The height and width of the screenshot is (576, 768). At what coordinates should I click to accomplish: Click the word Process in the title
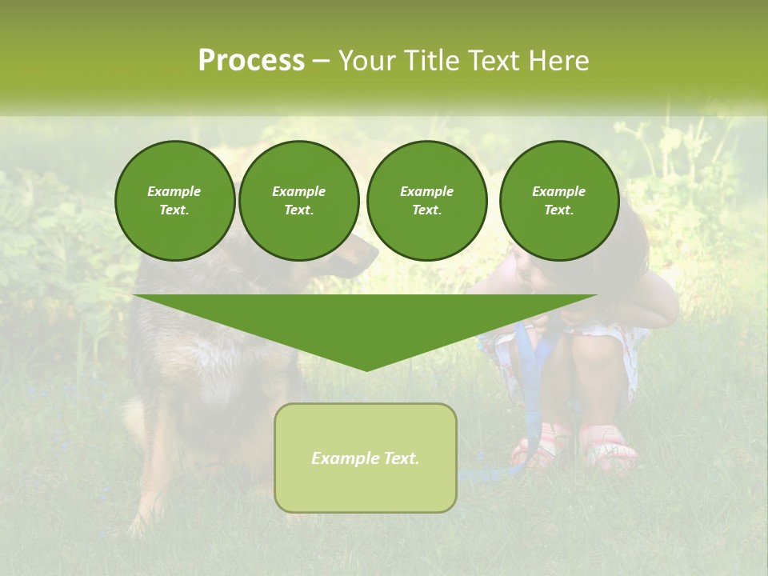[x=251, y=61]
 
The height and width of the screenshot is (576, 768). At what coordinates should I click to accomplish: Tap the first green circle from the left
[x=174, y=201]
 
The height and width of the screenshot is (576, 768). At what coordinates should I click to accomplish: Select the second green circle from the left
[x=298, y=201]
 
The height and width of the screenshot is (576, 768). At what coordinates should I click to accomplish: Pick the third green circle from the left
[x=426, y=201]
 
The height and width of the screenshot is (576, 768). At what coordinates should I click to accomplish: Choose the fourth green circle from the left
[x=558, y=201]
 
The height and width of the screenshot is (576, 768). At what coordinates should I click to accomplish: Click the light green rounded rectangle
[x=366, y=458]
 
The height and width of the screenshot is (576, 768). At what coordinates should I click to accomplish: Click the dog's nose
[x=372, y=257]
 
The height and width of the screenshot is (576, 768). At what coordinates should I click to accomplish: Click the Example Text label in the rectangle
[x=366, y=458]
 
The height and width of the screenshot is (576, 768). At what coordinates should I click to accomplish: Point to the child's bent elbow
[x=669, y=308]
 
